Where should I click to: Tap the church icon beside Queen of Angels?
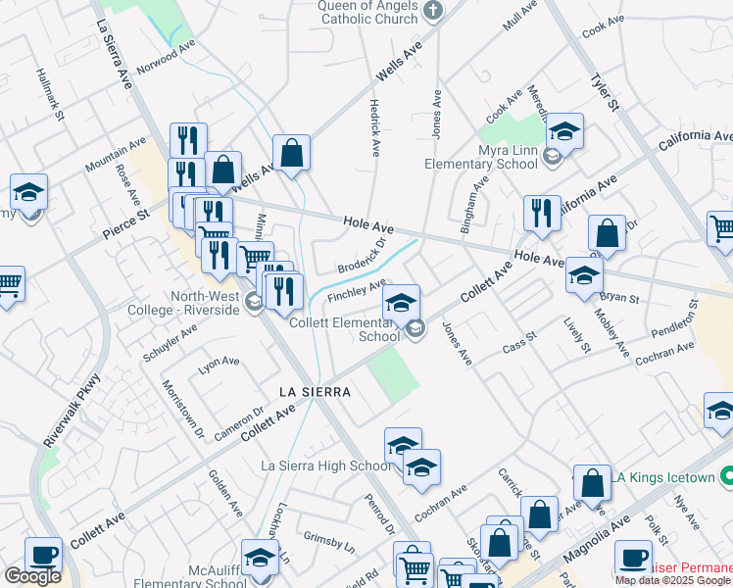pyautogui.click(x=435, y=13)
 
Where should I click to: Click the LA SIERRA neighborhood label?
pyautogui.click(x=315, y=391)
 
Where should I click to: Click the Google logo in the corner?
pyautogui.click(x=32, y=576)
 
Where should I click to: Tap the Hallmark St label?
pyautogui.click(x=50, y=94)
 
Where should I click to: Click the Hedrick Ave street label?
pyautogui.click(x=373, y=127)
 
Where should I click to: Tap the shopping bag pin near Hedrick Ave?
pyautogui.click(x=292, y=153)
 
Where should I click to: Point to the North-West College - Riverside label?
pyautogui.click(x=205, y=303)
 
